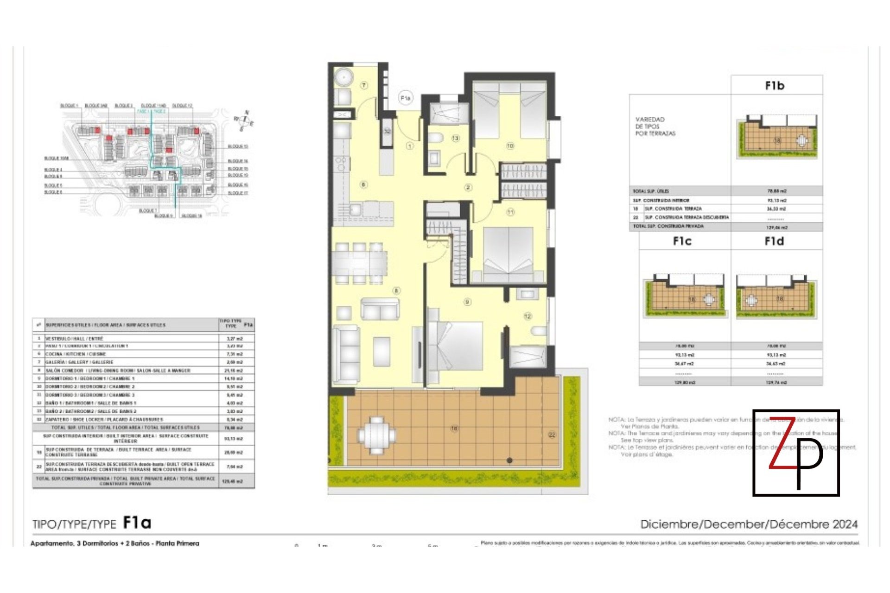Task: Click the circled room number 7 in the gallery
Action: pyautogui.click(x=364, y=85)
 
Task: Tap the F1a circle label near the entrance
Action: pyautogui.click(x=405, y=98)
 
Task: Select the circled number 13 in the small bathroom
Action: pyautogui.click(x=455, y=138)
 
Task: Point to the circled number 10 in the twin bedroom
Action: pyautogui.click(x=510, y=146)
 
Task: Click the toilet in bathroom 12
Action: pyautogui.click(x=539, y=332)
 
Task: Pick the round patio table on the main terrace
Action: pyautogui.click(x=376, y=435)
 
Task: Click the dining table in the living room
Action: pyautogui.click(x=359, y=263)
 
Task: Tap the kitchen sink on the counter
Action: pyautogui.click(x=355, y=210)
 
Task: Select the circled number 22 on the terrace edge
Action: pyautogui.click(x=552, y=435)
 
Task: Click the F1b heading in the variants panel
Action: pyautogui.click(x=775, y=86)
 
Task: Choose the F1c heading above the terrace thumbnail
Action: pyautogui.click(x=682, y=241)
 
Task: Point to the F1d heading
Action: pyautogui.click(x=774, y=241)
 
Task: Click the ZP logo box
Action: pyautogui.click(x=796, y=453)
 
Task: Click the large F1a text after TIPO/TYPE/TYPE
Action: pyautogui.click(x=137, y=523)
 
